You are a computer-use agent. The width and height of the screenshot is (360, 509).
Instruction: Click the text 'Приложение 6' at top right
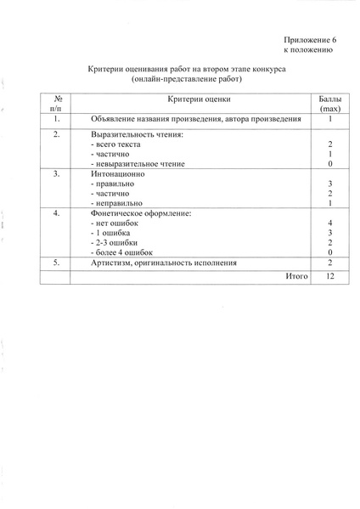pyautogui.click(x=311, y=40)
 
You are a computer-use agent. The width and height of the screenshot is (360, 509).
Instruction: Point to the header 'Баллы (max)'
pyautogui.click(x=329, y=105)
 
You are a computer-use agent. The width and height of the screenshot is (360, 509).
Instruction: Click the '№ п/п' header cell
pyautogui.click(x=56, y=105)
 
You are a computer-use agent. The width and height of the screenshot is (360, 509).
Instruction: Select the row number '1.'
pyautogui.click(x=56, y=120)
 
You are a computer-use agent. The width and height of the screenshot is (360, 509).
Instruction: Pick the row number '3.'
pyautogui.click(x=56, y=174)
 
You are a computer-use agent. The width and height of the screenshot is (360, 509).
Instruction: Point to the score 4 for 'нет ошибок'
pyautogui.click(x=329, y=223)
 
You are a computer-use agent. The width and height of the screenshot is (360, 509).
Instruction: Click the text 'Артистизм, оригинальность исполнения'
pyautogui.click(x=164, y=263)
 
